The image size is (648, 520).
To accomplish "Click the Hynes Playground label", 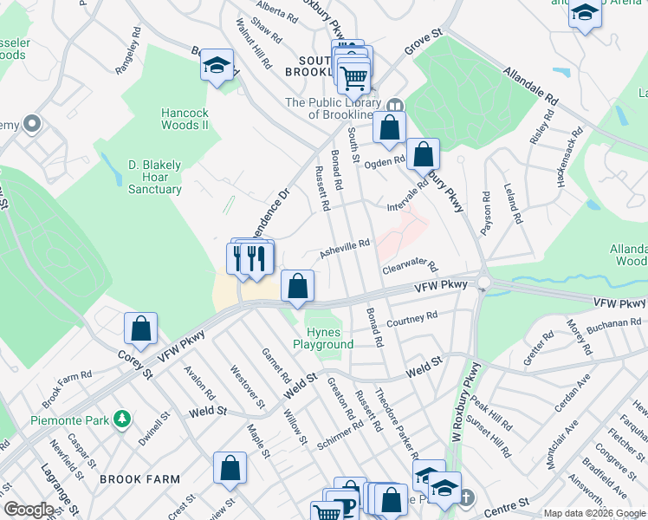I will [x=329, y=338].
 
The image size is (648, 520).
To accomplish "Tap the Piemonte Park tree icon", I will [x=123, y=419].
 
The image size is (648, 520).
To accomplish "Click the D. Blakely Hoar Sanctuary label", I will [x=155, y=177].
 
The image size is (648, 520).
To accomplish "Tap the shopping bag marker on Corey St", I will [x=140, y=329].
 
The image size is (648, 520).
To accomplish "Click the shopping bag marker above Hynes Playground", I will [x=297, y=286].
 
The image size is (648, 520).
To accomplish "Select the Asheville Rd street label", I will [x=345, y=250].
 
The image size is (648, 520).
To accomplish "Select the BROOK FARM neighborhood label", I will [x=139, y=478].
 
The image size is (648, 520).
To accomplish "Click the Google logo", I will [x=29, y=510].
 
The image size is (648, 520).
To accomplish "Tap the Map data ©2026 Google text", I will [x=593, y=513].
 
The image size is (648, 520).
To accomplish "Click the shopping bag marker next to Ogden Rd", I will [x=423, y=155].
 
